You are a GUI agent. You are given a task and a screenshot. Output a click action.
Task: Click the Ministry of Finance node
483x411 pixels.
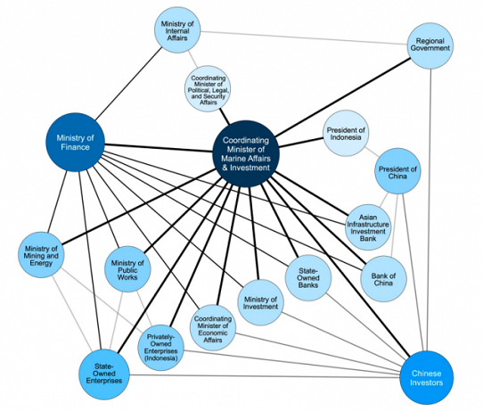point(75,143)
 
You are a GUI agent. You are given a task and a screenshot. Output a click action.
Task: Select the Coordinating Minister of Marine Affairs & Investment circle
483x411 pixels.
point(246,153)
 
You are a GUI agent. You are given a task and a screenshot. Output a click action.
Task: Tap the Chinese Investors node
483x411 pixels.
point(426,378)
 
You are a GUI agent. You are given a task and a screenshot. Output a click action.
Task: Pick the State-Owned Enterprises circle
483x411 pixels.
point(104,374)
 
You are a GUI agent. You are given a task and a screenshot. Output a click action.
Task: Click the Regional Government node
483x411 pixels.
point(430,45)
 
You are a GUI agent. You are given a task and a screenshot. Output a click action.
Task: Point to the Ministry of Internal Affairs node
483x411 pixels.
point(177,30)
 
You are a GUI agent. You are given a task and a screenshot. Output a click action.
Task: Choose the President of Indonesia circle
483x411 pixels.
point(346,133)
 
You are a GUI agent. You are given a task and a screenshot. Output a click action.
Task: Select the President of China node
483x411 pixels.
point(397,170)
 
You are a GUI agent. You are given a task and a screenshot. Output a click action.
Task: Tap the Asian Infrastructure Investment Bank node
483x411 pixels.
point(368,227)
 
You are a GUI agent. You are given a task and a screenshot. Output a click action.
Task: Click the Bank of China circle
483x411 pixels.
point(383,278)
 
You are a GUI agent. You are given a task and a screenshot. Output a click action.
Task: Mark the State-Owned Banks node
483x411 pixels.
point(308,278)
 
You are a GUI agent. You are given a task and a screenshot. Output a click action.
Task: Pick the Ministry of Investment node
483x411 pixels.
point(260,302)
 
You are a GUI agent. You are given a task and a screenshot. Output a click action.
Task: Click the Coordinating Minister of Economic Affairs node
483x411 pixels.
point(213,328)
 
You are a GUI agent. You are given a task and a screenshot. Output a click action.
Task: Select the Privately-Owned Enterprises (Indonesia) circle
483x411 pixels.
point(160,348)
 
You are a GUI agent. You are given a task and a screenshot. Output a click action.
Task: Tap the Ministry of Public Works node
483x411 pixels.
point(127,269)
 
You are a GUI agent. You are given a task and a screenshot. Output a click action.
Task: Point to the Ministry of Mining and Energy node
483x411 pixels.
point(41,255)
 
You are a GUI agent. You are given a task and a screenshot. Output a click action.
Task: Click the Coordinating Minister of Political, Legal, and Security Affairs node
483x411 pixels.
point(208,89)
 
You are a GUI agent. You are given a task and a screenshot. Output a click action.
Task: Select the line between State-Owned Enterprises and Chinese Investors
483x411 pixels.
point(265,375)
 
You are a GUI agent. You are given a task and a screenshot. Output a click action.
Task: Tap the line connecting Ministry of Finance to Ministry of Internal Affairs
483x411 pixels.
point(128,84)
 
